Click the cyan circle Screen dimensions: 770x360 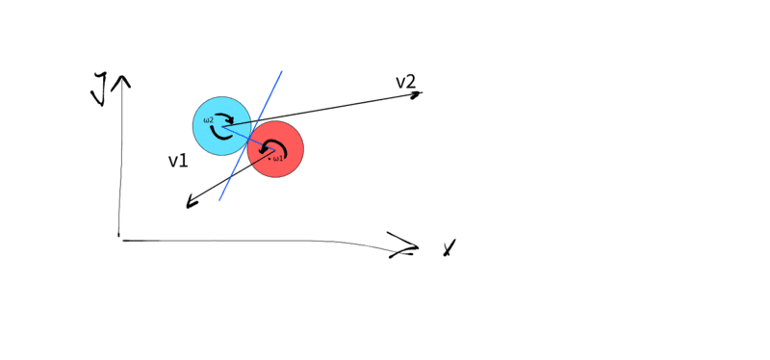click(x=222, y=126)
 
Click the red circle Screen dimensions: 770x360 click(x=275, y=149)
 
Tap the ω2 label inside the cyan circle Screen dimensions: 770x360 click(x=209, y=119)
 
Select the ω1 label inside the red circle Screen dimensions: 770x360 click(x=278, y=158)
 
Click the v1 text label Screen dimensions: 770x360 click(x=178, y=161)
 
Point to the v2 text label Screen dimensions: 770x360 click(x=405, y=83)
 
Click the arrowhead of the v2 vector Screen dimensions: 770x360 click(x=417, y=93)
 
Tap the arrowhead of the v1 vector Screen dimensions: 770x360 click(x=191, y=203)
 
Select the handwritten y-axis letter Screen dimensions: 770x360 click(x=100, y=90)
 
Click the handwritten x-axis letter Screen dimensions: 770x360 click(x=449, y=248)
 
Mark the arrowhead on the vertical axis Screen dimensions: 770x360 click(x=121, y=82)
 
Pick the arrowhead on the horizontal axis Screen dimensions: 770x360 click(x=405, y=244)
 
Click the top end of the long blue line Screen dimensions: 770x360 click(x=282, y=71)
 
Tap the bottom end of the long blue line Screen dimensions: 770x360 click(x=219, y=200)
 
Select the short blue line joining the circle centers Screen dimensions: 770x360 click(x=249, y=138)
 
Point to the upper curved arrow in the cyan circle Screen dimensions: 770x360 click(x=225, y=117)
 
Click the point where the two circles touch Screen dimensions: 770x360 click(x=249, y=138)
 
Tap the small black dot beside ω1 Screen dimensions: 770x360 click(x=269, y=158)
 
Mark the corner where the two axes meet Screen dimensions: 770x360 click(x=119, y=239)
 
